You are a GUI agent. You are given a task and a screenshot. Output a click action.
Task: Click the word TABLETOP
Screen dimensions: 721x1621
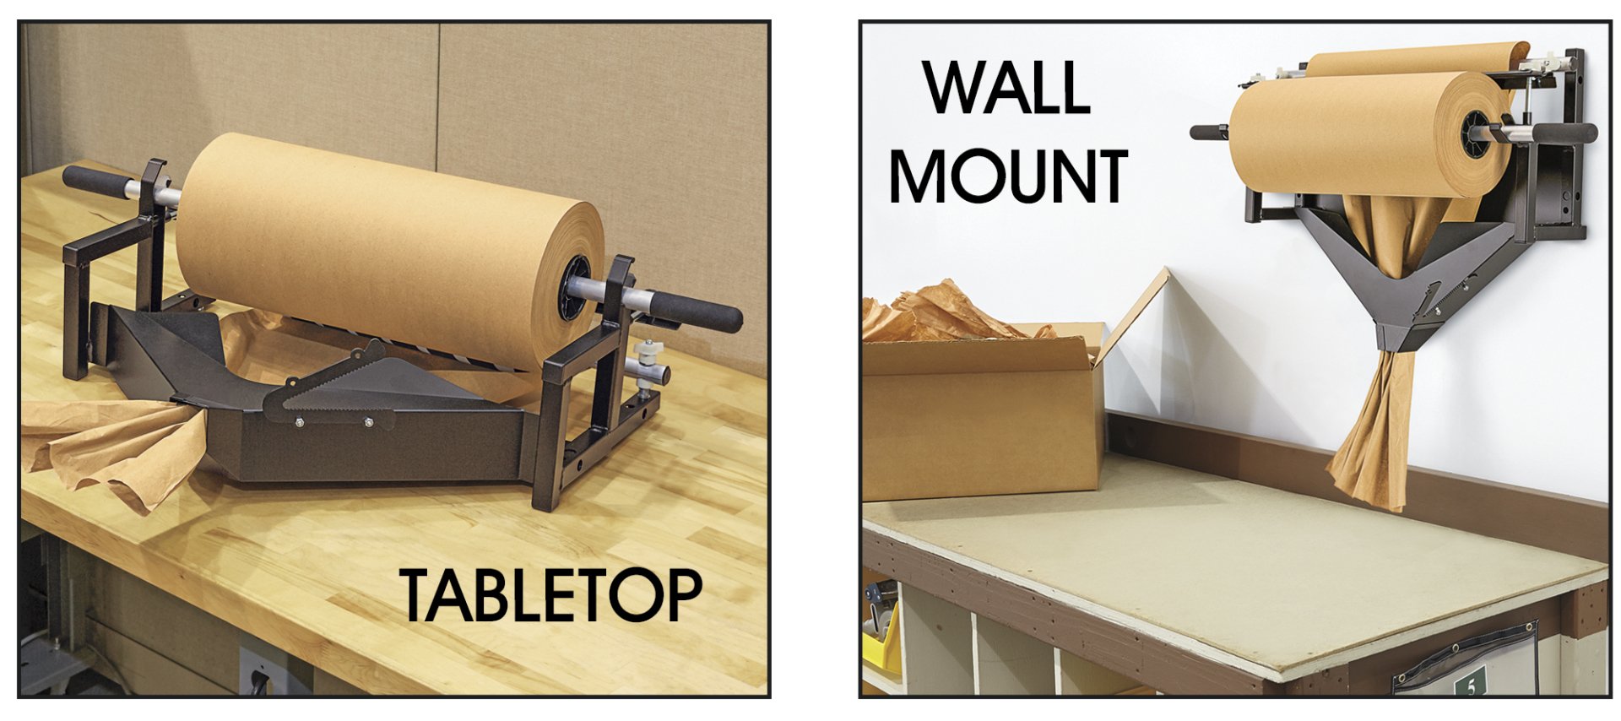tap(550, 594)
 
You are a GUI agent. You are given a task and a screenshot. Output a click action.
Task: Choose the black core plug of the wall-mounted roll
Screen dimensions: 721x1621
tap(1476, 134)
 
